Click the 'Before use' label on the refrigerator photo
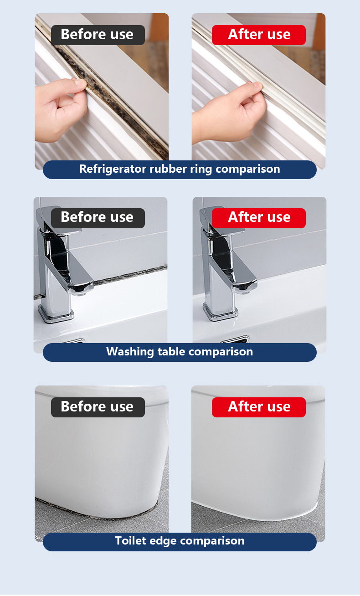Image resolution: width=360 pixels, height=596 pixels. tap(98, 35)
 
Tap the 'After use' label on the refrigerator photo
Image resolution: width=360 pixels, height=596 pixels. tap(259, 35)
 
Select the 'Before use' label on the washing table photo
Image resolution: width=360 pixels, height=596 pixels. tap(98, 218)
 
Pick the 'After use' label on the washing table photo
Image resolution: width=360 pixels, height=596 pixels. tap(259, 218)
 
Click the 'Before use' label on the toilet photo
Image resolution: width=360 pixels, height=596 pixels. tap(98, 407)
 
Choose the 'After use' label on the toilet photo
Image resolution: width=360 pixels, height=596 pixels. tap(259, 407)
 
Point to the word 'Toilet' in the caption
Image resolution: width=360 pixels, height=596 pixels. tap(130, 541)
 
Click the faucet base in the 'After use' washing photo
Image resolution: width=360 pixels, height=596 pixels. tap(220, 311)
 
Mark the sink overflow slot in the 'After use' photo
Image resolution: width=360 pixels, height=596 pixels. tap(235, 340)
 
